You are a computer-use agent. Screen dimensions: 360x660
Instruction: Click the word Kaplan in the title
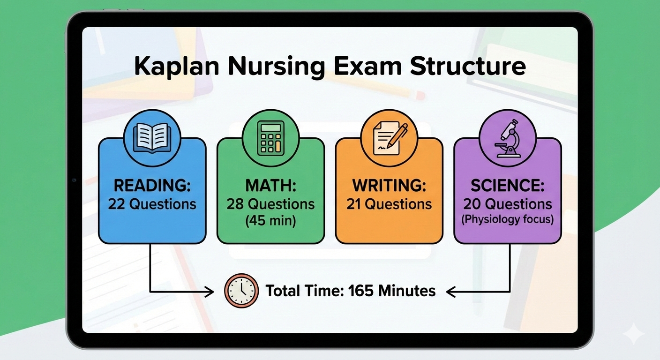(x=176, y=67)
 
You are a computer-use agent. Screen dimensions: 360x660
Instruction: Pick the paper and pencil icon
(x=389, y=138)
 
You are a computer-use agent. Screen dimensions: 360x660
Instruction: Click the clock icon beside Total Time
(x=241, y=291)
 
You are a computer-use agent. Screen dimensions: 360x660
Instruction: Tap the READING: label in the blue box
(x=152, y=186)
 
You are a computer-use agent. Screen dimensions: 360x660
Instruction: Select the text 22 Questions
(x=152, y=204)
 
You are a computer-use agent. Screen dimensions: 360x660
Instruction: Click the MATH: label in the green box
(x=270, y=186)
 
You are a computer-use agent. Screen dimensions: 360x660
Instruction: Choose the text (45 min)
(x=270, y=221)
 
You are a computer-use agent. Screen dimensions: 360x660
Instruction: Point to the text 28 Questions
(x=270, y=204)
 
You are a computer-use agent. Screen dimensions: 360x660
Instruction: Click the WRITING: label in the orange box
(x=389, y=186)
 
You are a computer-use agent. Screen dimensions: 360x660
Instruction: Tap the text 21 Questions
(x=389, y=204)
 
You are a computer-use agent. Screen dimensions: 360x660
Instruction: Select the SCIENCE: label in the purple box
(x=508, y=186)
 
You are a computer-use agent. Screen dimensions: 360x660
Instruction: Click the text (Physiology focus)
(x=508, y=219)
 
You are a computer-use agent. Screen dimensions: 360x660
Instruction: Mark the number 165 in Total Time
(x=361, y=291)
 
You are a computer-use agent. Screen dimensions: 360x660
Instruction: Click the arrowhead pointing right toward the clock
(x=209, y=292)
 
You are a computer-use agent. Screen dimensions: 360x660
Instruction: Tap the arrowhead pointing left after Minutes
(x=451, y=292)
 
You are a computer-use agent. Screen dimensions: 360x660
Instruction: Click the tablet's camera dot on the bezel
(x=74, y=180)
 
